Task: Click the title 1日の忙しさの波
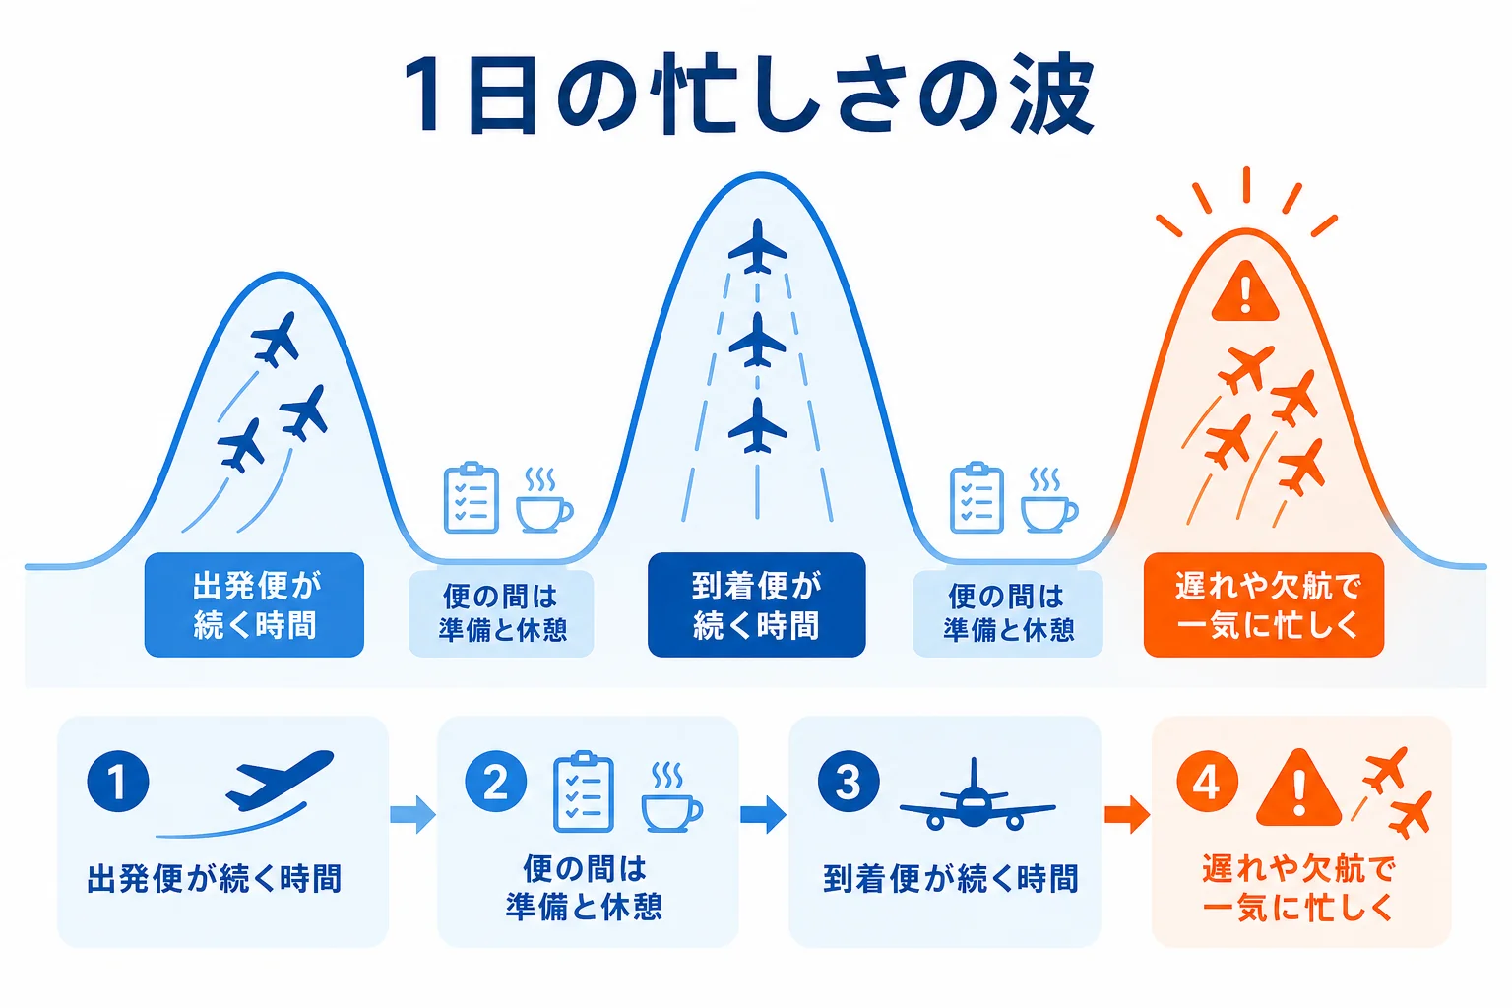coord(749,94)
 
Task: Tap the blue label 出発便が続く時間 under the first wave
coord(255,604)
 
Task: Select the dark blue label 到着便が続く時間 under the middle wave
coord(757,604)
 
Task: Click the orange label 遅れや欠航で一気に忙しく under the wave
coord(1264,604)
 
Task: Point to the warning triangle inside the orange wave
coord(1245,292)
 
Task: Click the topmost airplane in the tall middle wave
coord(757,246)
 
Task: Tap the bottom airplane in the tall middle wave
coord(757,424)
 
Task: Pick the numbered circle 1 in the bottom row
coord(118,782)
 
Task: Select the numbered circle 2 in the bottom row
coord(496,782)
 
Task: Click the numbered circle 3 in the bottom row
coord(849,782)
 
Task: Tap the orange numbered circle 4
coord(1207,782)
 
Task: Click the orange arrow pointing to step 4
coord(1127,815)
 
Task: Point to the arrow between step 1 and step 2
coord(413,815)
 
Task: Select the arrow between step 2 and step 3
coord(764,815)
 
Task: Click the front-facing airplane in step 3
coord(977,795)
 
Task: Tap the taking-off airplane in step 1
coord(279,780)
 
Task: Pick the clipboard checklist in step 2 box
coord(583,791)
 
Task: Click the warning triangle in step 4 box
coord(1298,788)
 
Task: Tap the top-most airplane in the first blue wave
coord(276,339)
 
